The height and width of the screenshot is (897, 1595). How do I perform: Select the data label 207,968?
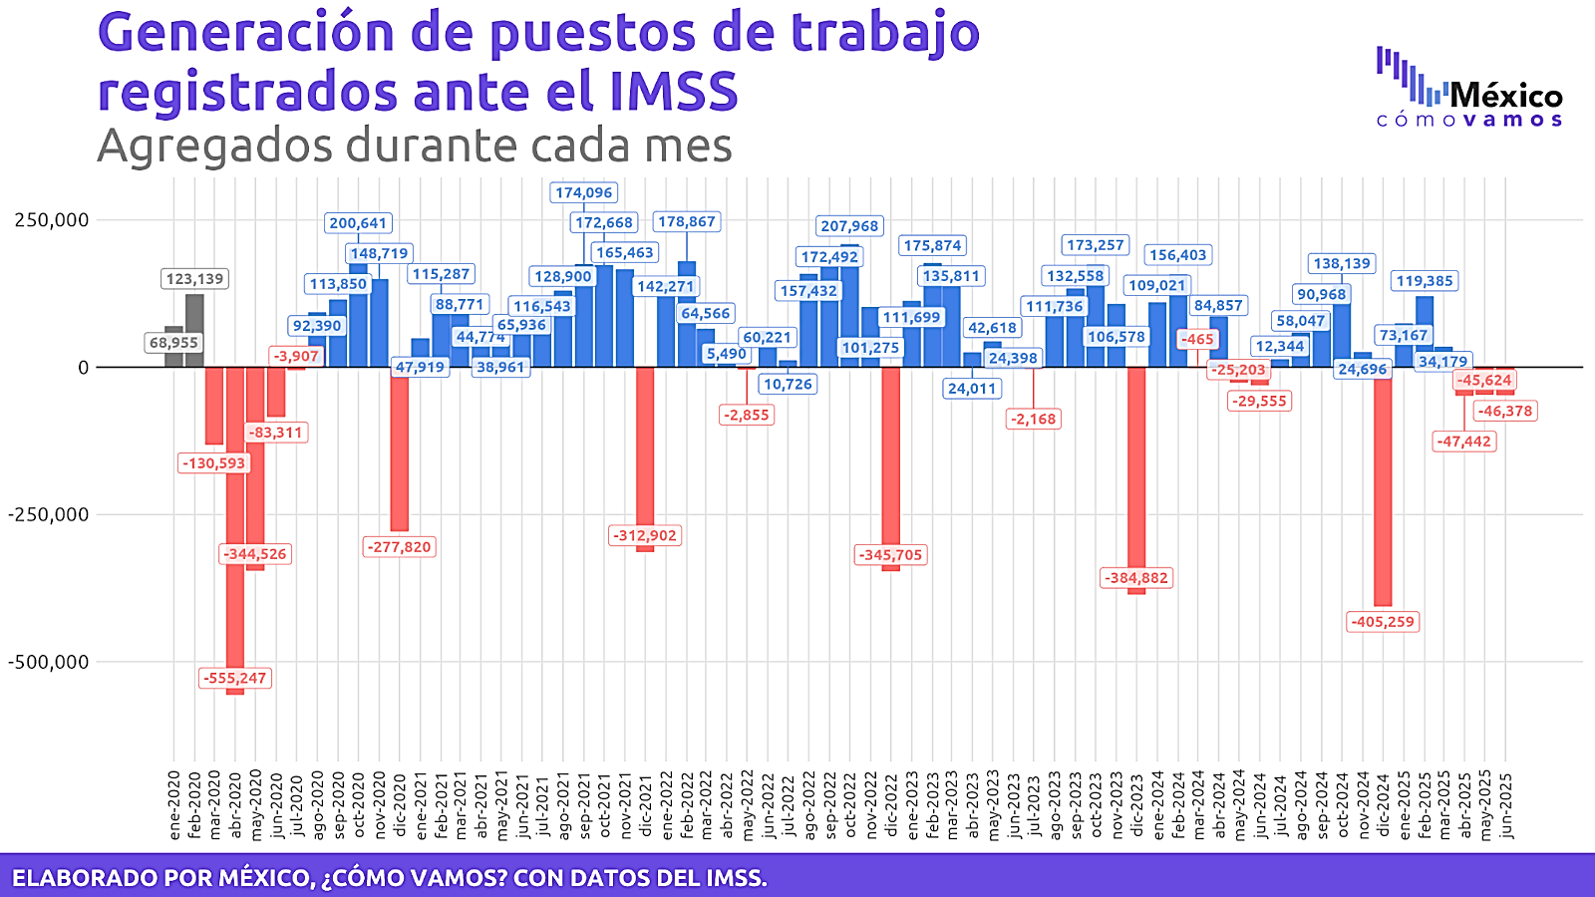849,226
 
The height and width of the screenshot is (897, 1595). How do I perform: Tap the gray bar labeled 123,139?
194,330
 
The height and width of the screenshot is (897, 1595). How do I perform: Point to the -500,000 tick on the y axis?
48,662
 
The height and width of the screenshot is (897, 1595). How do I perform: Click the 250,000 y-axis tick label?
52,220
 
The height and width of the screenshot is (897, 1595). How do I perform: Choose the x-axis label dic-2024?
1383,804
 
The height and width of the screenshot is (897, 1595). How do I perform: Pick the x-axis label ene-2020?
174,804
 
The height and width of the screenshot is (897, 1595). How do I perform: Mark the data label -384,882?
1136,578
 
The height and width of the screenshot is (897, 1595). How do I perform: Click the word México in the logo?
1506,96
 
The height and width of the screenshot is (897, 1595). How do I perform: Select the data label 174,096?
584,192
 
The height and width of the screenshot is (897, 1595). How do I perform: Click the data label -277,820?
400,547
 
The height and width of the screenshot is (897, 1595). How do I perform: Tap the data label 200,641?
358,223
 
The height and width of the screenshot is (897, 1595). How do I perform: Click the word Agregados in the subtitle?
214,147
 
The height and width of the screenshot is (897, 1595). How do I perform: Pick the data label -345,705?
891,555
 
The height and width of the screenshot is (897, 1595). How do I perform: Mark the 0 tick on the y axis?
84,368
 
